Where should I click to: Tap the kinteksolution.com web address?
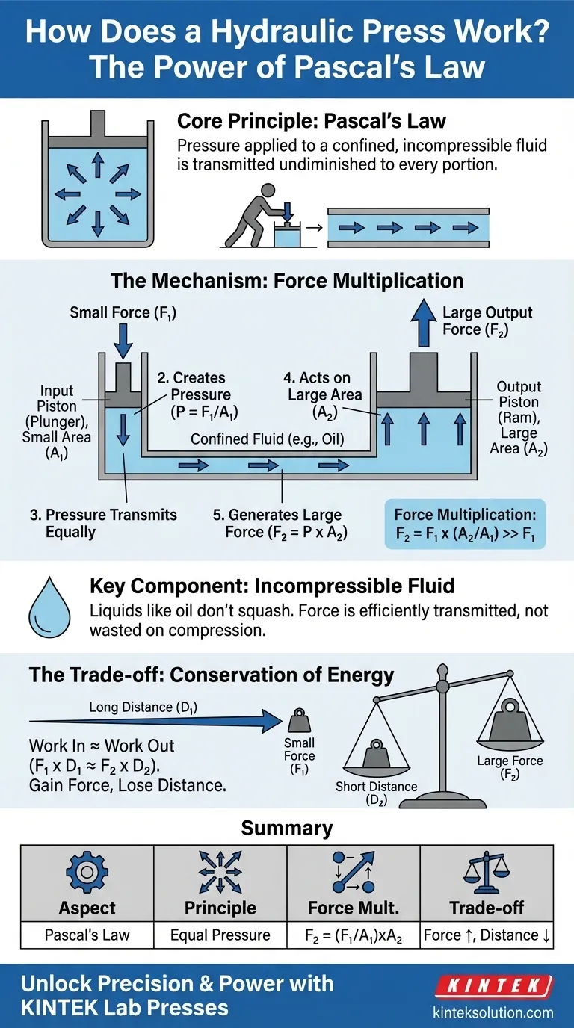click(x=502, y=1012)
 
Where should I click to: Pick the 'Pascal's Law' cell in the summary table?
click(x=87, y=935)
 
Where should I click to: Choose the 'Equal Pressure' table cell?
click(x=220, y=935)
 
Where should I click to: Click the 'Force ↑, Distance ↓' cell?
click(x=487, y=935)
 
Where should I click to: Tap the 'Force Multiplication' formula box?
click(x=465, y=524)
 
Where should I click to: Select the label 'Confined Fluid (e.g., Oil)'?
click(x=267, y=439)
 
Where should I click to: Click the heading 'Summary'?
click(x=287, y=829)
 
